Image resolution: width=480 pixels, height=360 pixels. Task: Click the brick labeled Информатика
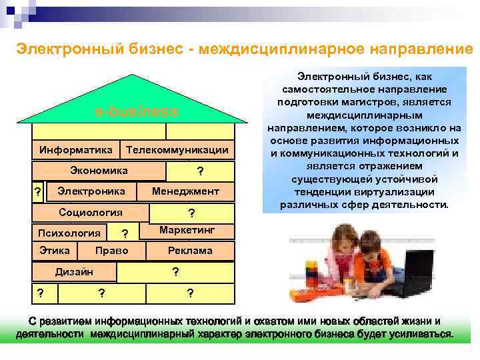(x=75, y=151)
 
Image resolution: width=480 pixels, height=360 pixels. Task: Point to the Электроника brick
(x=91, y=192)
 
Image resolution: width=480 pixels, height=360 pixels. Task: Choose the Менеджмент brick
(x=185, y=192)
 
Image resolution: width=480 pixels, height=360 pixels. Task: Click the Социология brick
(x=91, y=213)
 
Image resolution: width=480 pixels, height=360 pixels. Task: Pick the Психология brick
(x=69, y=233)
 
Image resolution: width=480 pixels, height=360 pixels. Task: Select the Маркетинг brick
(x=187, y=230)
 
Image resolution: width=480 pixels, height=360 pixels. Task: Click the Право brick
(x=111, y=251)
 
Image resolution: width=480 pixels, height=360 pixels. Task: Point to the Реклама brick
(x=190, y=251)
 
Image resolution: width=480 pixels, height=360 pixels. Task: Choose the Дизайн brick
(x=74, y=271)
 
